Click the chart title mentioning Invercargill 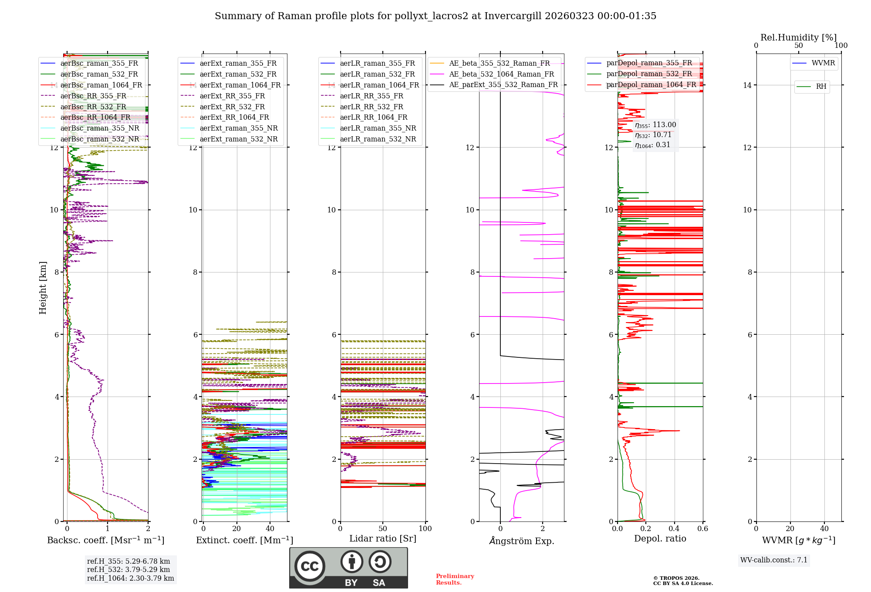coord(435,16)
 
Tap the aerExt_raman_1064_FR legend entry coord(240,85)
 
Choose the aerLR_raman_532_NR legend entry coord(378,139)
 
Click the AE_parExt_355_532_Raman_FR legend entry coord(503,84)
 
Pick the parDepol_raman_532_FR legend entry coord(649,74)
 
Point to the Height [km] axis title coord(43,287)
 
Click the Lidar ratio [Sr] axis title coord(383,538)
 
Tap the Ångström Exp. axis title coord(521,541)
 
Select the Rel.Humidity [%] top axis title coord(798,37)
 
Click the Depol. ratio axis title coord(660,538)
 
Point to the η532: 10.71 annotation coord(653,135)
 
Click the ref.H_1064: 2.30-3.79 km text coord(130,578)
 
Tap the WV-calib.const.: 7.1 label coord(774,560)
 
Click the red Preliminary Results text coord(455,579)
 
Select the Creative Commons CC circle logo coord(310,566)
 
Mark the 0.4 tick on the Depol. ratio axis coord(674,528)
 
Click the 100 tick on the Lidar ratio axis coord(425,528)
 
